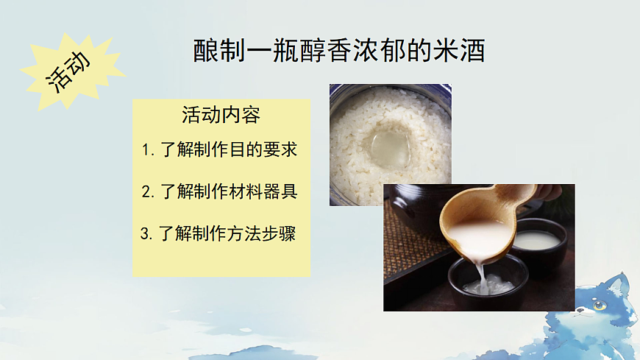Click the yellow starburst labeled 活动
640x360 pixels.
[70, 71]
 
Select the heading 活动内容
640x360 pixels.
[221, 116]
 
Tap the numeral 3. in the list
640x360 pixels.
[146, 234]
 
